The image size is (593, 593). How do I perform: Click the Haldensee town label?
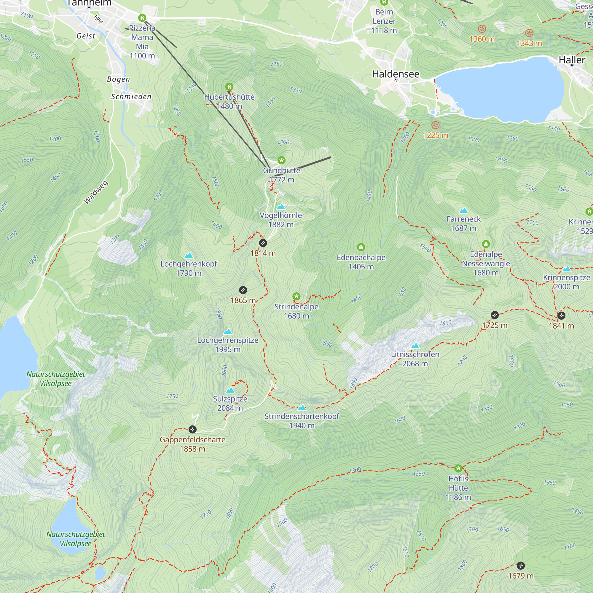pyautogui.click(x=395, y=74)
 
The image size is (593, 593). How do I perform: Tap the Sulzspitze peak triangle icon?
pyautogui.click(x=230, y=390)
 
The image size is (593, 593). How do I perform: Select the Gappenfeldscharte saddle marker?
pyautogui.click(x=192, y=429)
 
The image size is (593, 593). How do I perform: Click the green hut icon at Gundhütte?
pyautogui.click(x=281, y=160)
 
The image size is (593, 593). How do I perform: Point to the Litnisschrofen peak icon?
pyautogui.click(x=415, y=346)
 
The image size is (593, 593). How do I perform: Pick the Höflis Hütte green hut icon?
pyautogui.click(x=458, y=468)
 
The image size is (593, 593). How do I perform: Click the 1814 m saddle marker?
pyautogui.click(x=263, y=243)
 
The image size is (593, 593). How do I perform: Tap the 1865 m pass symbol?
pyautogui.click(x=243, y=290)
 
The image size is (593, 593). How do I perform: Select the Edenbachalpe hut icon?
pyautogui.click(x=361, y=247)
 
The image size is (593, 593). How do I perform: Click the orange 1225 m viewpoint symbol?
pyautogui.click(x=435, y=125)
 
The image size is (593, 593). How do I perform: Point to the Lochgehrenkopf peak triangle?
pyautogui.click(x=189, y=255)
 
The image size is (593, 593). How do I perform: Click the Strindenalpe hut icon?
pyautogui.click(x=296, y=296)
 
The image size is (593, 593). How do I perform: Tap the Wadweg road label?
pyautogui.click(x=96, y=192)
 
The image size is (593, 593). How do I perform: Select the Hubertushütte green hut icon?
pyautogui.click(x=229, y=87)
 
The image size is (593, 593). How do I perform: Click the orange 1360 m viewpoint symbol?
pyautogui.click(x=482, y=29)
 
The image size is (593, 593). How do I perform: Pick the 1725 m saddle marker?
pyautogui.click(x=495, y=315)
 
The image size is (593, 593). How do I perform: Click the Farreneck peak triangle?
pyautogui.click(x=463, y=211)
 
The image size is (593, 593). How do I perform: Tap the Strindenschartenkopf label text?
pyautogui.click(x=302, y=416)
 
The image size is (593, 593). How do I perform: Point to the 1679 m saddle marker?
pyautogui.click(x=521, y=565)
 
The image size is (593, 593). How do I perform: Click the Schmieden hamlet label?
pyautogui.click(x=131, y=97)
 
